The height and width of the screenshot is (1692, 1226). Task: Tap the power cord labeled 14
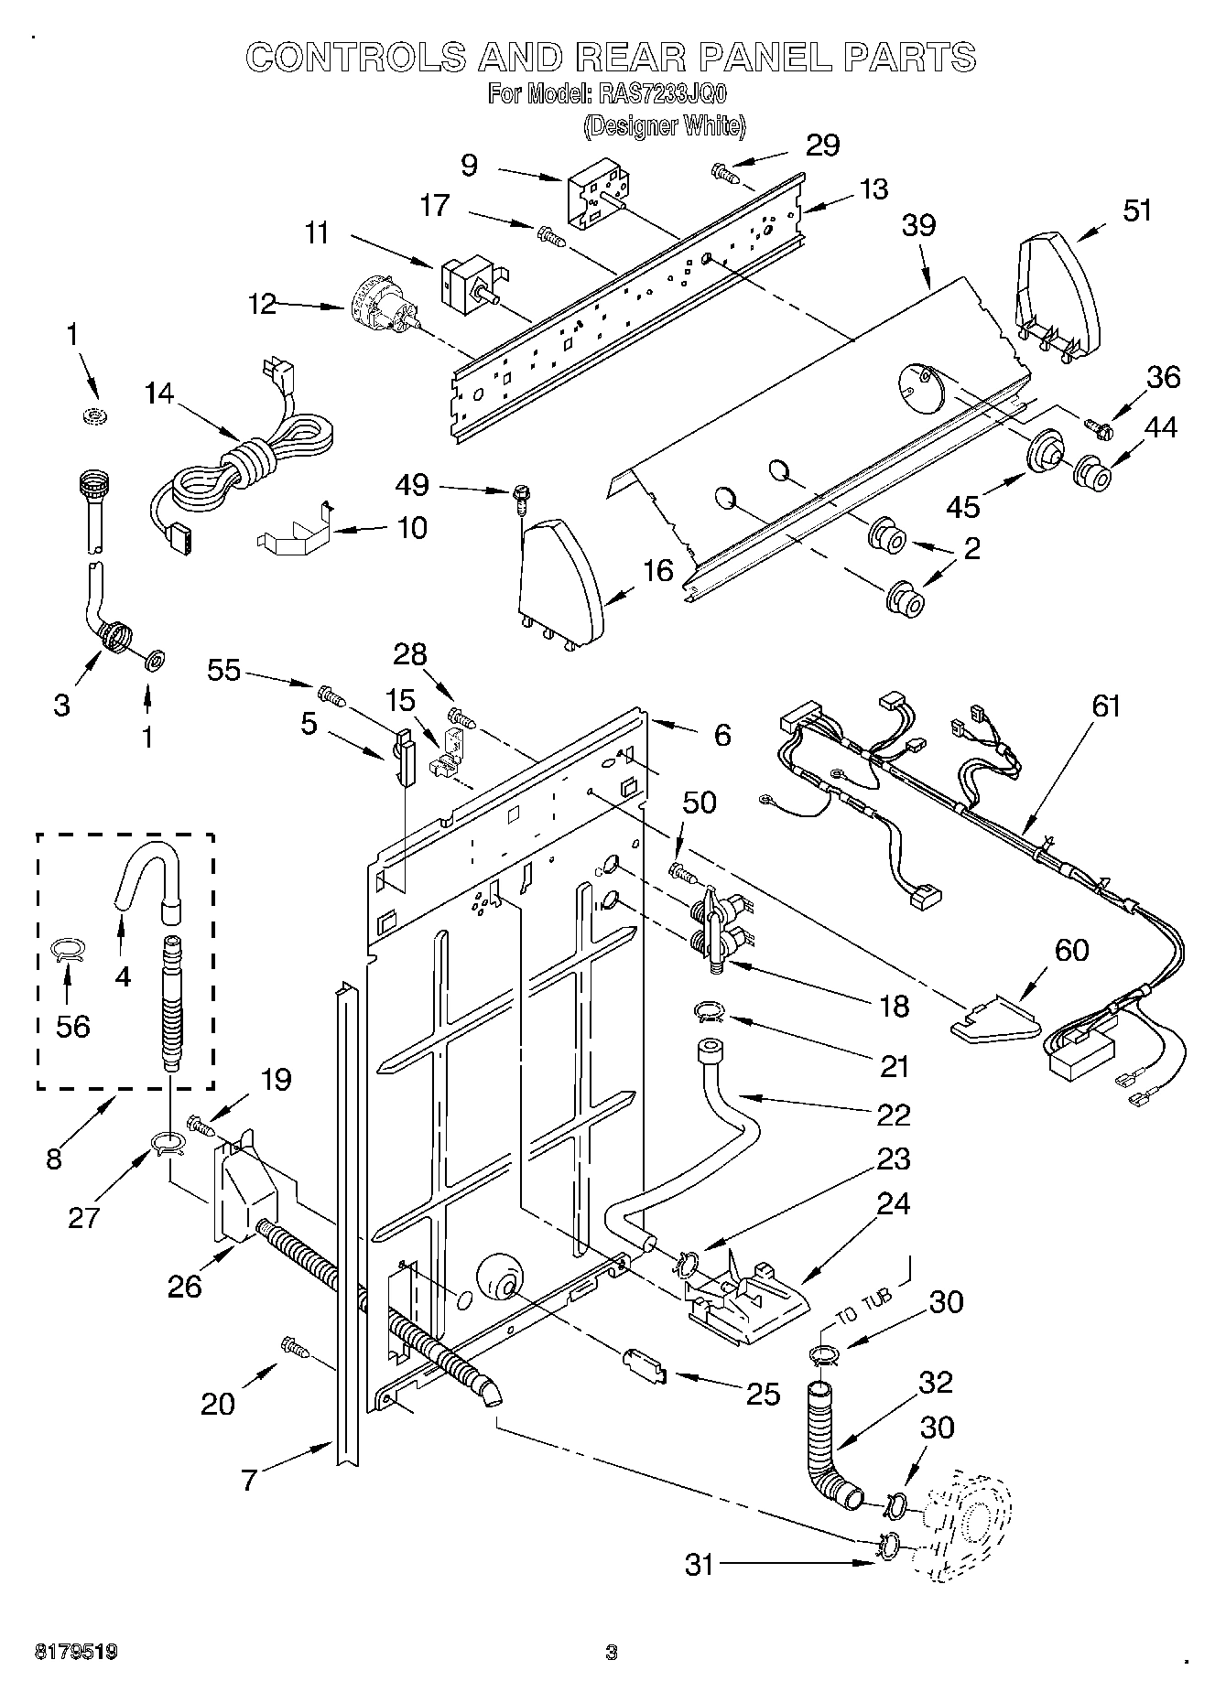click(245, 459)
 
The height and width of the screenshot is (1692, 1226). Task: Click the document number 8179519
click(76, 1652)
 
